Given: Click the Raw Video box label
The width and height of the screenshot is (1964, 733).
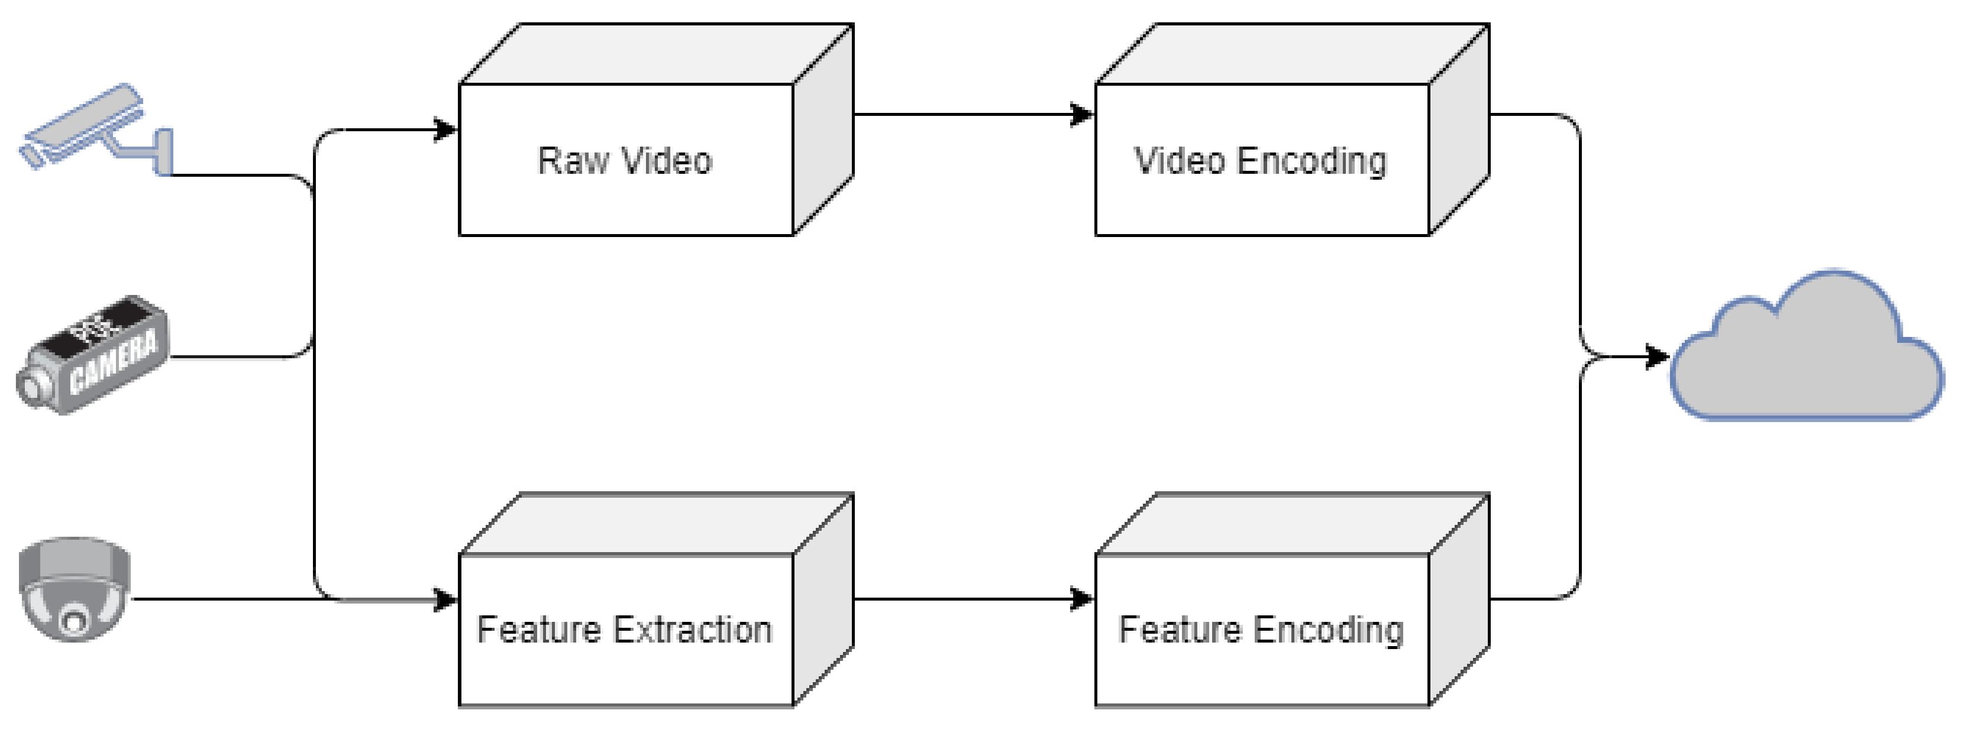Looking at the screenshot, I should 625,161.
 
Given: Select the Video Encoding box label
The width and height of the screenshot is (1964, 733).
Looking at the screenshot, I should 1260,161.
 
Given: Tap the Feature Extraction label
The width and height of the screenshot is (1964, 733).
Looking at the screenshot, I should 625,630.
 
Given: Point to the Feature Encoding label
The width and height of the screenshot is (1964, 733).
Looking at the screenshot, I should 1260,630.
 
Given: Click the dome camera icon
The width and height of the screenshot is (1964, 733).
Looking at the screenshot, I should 75,589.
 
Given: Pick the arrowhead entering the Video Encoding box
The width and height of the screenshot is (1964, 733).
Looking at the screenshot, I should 1082,114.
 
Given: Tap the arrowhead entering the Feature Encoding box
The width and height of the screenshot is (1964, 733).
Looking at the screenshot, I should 1082,599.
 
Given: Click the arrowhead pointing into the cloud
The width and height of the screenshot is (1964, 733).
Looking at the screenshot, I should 1658,356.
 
